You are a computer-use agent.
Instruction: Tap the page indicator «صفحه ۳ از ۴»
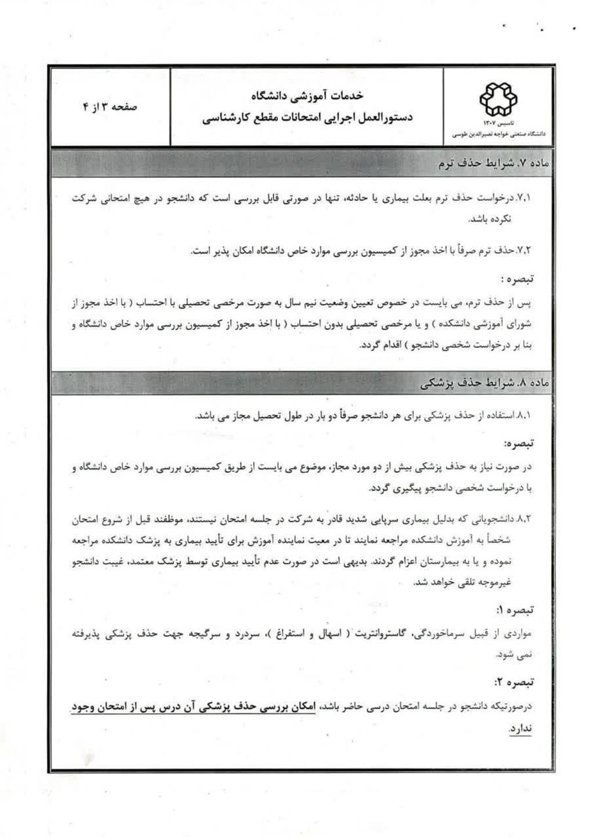point(110,107)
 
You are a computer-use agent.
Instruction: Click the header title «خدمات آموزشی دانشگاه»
point(307,95)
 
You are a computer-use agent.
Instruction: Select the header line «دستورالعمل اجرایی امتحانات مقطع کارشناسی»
point(307,118)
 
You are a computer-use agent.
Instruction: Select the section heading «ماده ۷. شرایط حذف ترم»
point(493,164)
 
